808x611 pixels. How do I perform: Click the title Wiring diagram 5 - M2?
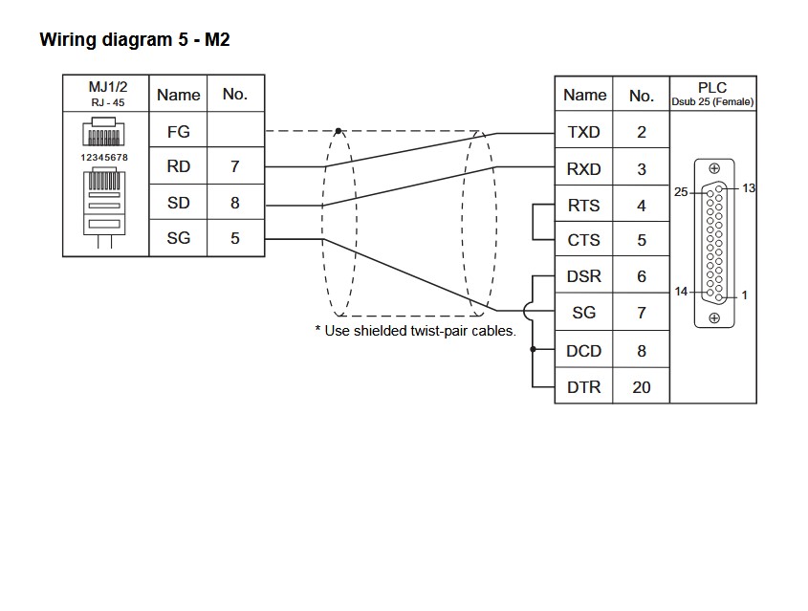point(134,40)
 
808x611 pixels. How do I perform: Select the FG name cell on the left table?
point(178,132)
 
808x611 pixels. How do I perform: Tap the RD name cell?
point(178,166)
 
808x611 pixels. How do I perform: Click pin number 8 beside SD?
point(234,203)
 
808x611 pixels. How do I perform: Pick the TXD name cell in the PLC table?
point(583,132)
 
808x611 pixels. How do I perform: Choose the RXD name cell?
point(583,169)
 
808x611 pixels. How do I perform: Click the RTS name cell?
point(583,206)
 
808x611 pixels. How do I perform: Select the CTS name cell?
point(583,241)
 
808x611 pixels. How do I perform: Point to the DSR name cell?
point(583,276)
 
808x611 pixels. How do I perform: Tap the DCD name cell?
point(583,351)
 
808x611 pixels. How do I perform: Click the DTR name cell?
point(583,387)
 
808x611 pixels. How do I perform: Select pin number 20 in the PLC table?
point(641,387)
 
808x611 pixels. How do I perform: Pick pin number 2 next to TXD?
point(641,132)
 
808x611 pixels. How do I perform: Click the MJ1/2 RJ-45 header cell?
point(106,94)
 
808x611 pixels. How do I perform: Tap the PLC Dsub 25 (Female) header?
point(712,94)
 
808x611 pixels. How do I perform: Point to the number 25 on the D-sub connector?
point(681,192)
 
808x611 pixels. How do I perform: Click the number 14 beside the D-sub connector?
point(681,291)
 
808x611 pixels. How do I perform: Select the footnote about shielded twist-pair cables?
point(415,331)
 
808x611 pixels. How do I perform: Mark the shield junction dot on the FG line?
point(338,131)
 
